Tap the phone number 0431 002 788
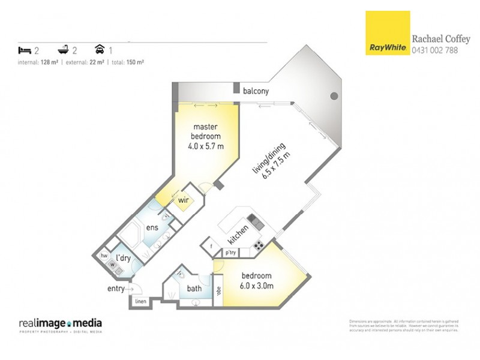click(434, 50)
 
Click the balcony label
click(256, 91)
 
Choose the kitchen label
click(239, 233)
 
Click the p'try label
click(230, 253)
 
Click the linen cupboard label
click(140, 301)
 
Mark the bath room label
click(194, 289)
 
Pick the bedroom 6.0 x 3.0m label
click(257, 281)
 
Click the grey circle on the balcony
click(334, 96)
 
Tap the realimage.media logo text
click(59, 323)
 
